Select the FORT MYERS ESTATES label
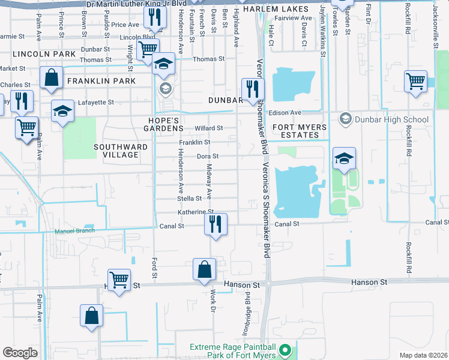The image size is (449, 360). pos(300,131)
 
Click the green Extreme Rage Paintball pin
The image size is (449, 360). pos(286,349)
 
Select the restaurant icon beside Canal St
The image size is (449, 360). pos(215,224)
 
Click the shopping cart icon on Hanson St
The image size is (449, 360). pos(119,280)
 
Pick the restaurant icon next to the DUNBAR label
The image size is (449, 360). pos(252,89)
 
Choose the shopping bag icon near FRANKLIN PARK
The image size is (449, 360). pos(52,77)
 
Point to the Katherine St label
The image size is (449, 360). pos(195,212)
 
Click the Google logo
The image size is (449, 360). pos(20,353)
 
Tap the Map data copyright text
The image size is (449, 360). pos(423,355)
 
